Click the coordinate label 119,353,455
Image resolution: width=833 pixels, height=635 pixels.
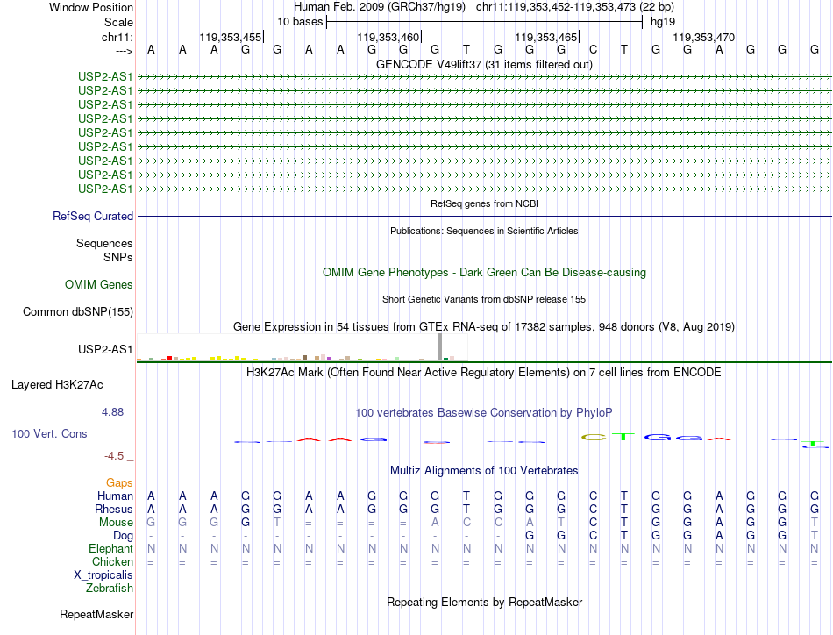pos(231,38)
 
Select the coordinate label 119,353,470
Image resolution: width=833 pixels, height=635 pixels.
pos(703,38)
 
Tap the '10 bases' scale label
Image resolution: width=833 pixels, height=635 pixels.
pos(300,21)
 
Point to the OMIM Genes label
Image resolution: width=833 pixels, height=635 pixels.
pos(99,284)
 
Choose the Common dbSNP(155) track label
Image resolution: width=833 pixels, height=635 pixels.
pos(78,311)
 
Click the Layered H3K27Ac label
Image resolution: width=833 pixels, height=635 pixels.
pos(57,384)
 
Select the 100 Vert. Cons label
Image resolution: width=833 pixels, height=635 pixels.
pos(50,433)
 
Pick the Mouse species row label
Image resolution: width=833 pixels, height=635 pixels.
pos(117,522)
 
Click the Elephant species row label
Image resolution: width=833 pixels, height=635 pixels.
pos(110,548)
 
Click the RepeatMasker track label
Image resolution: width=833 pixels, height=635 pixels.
pos(96,614)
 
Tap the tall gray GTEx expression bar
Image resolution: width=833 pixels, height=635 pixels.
pos(439,346)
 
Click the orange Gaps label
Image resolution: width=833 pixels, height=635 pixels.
pos(119,482)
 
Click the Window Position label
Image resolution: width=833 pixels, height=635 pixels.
pos(91,7)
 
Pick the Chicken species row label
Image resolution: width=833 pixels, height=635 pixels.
pos(113,561)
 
